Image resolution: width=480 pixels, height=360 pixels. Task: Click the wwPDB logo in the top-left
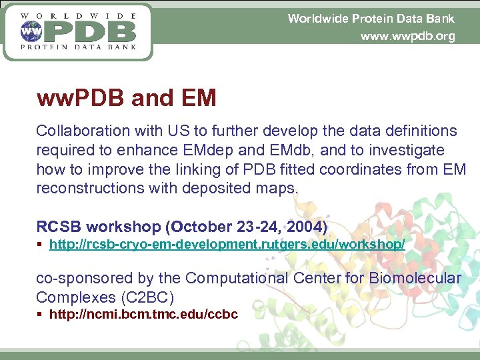point(78,31)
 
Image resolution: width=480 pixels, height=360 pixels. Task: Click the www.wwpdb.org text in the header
point(407,37)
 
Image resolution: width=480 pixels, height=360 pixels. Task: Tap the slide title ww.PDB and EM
point(127,99)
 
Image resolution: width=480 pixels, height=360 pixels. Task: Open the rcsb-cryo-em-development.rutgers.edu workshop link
point(227,245)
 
